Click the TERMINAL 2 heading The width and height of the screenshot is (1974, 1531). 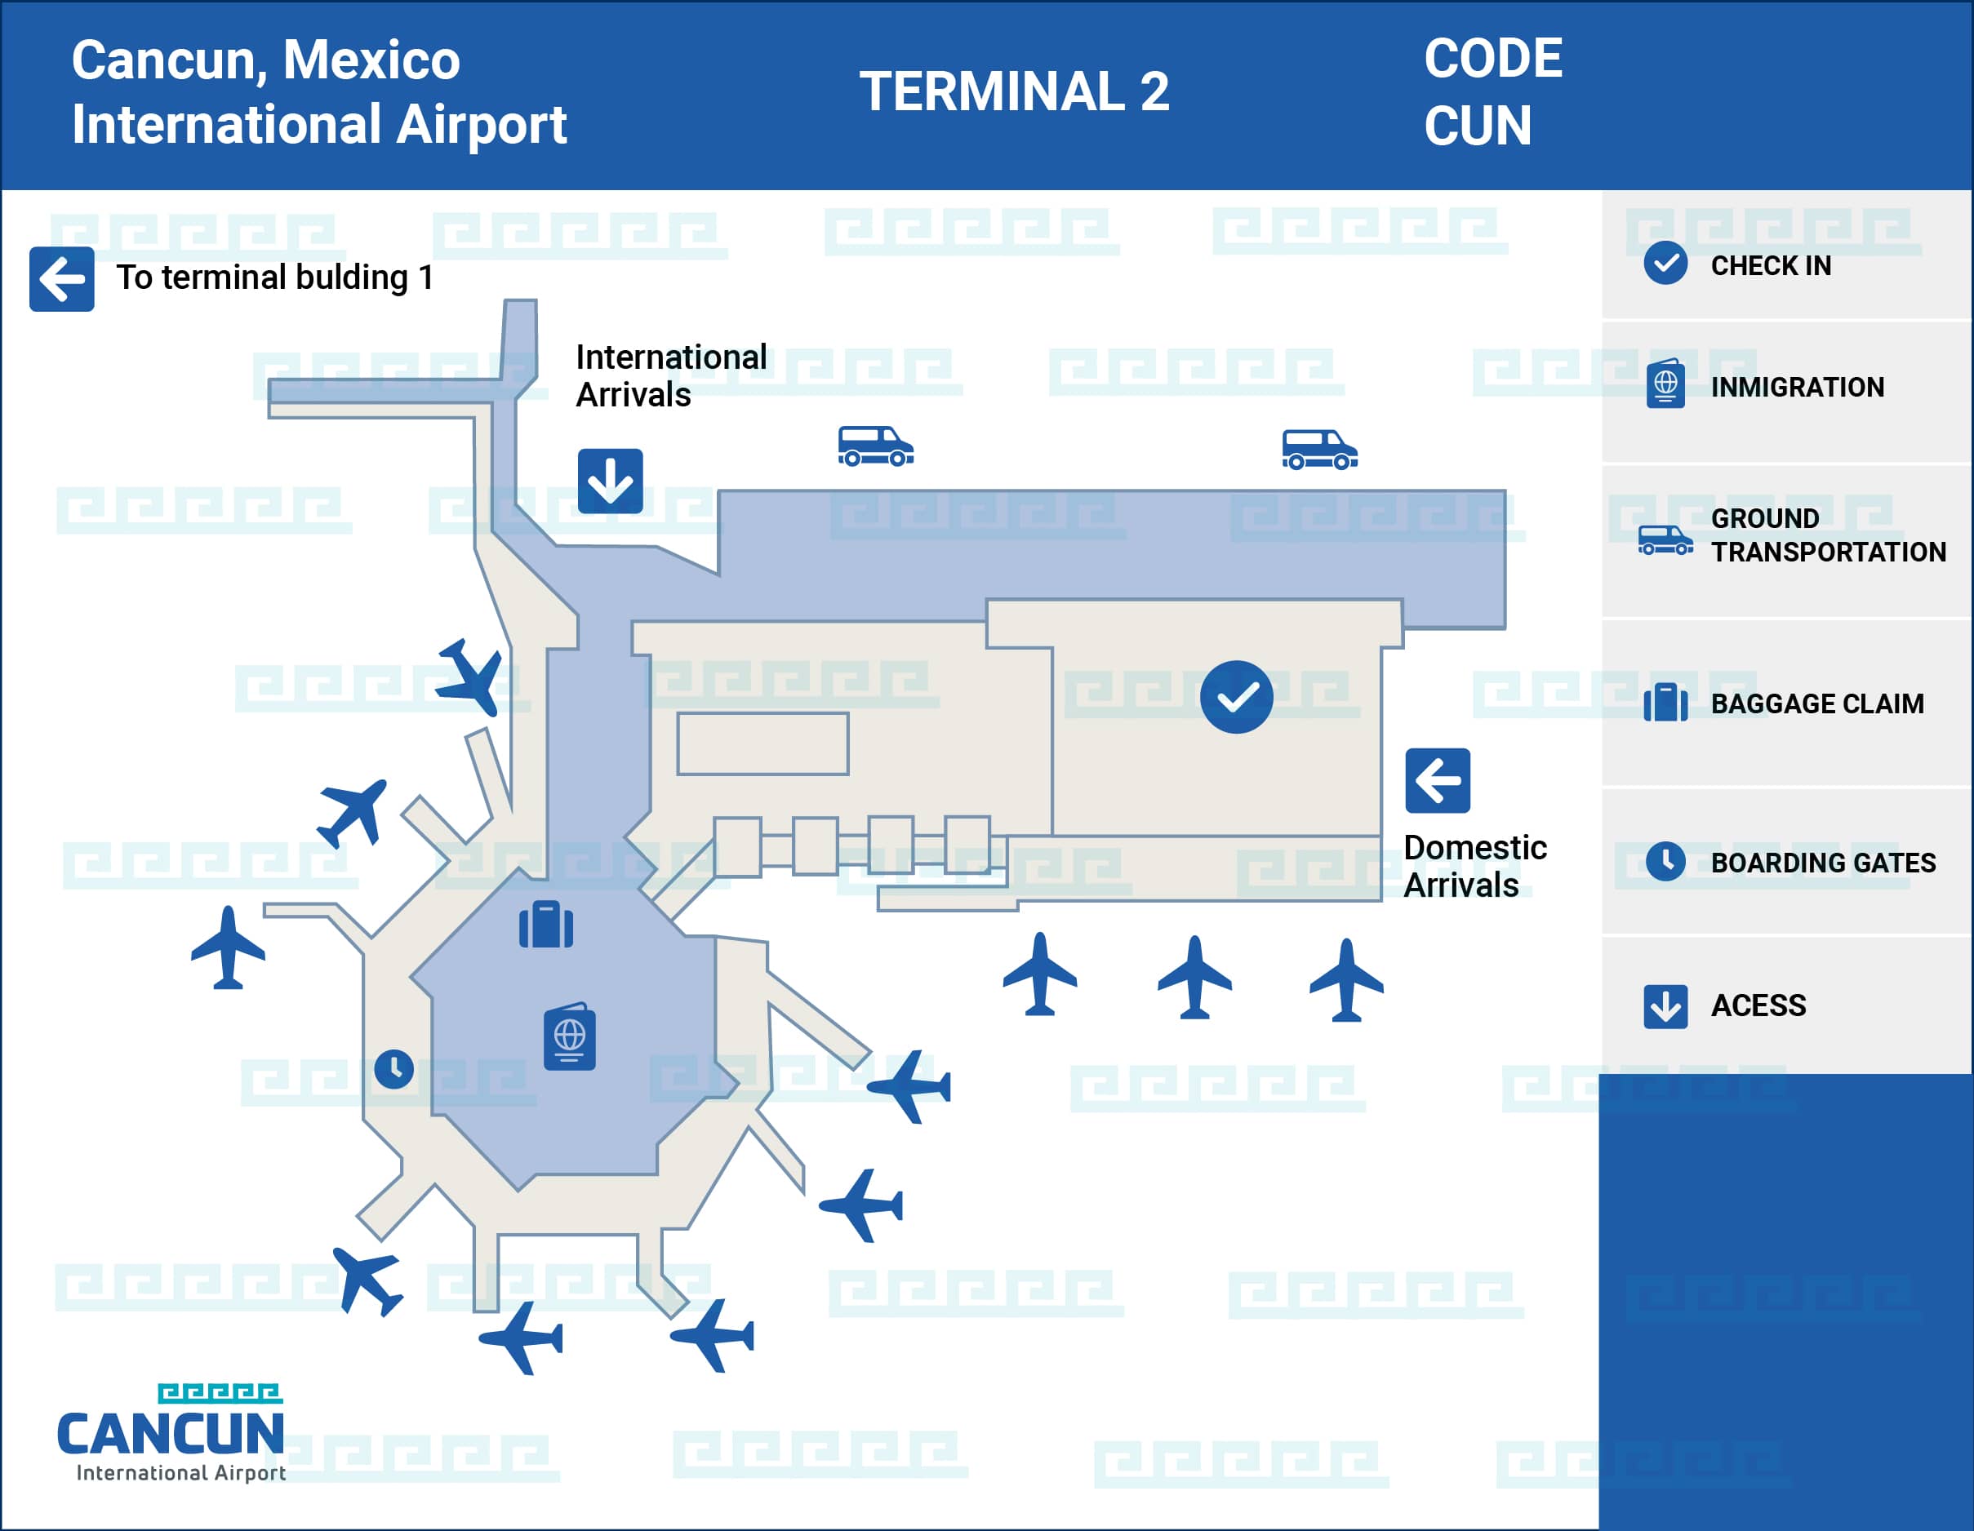tap(1014, 91)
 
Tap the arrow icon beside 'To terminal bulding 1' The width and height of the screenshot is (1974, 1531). tap(61, 278)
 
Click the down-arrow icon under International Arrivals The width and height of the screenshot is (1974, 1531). tap(610, 481)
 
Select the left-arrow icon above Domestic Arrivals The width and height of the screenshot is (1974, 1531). tap(1437, 780)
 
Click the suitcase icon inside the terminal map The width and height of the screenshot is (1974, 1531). tap(546, 924)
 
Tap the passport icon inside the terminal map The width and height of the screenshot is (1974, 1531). tap(570, 1036)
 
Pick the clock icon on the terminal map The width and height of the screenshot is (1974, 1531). tap(394, 1069)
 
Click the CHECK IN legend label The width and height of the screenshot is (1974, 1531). tap(1771, 266)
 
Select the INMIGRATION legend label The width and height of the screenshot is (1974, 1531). tap(1797, 387)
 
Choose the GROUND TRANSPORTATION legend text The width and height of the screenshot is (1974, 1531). tap(1828, 535)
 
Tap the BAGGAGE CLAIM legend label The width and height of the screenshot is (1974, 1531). tap(1816, 703)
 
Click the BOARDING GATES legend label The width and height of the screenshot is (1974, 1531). tap(1823, 862)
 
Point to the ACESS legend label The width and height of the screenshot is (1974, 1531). tap(1758, 1005)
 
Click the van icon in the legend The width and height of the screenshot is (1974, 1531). tap(1665, 540)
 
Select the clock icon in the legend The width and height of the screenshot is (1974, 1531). tap(1665, 861)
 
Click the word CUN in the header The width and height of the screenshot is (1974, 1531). tap(1478, 125)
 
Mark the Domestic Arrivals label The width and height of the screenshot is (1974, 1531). tap(1474, 866)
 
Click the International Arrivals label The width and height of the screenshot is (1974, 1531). tap(671, 376)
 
